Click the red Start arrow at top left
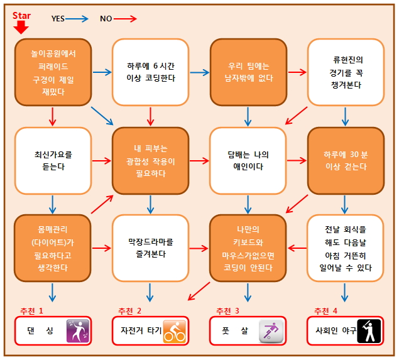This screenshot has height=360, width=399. tap(21, 26)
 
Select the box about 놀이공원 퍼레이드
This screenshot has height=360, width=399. tap(53, 70)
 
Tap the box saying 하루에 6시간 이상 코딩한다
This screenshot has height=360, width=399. tap(151, 70)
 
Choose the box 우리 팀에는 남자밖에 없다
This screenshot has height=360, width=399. tap(248, 70)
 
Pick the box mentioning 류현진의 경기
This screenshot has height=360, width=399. tap(346, 70)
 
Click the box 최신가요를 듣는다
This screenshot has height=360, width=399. tap(53, 160)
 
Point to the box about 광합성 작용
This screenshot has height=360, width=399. tap(151, 160)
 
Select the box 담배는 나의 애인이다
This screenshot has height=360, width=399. tap(248, 160)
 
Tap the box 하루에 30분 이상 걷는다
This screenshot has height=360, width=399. tap(346, 160)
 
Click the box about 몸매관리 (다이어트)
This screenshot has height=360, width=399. tap(53, 247)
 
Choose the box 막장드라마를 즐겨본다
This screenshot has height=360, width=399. tap(151, 247)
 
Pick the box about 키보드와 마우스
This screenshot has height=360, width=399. tap(248, 247)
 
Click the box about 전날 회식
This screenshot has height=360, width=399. tap(346, 247)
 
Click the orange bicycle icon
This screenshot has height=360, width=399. tap(175, 331)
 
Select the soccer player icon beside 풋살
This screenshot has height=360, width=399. tap(272, 331)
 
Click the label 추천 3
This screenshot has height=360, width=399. tap(227, 311)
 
